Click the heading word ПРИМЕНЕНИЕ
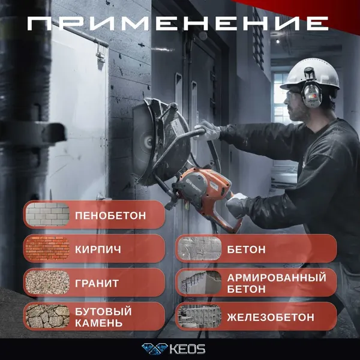pyautogui.click(x=180, y=24)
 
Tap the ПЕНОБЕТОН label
pyautogui.click(x=111, y=215)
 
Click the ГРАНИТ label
pyautogui.click(x=97, y=283)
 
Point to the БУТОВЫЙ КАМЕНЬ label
pyautogui.click(x=103, y=317)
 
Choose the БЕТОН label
pyautogui.click(x=247, y=248)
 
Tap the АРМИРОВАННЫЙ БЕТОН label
pyautogui.click(x=277, y=283)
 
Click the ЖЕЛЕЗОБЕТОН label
pyautogui.click(x=271, y=317)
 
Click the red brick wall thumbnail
pyautogui.click(x=47, y=248)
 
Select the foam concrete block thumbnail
pyautogui.click(x=47, y=214)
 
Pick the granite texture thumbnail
pyautogui.click(x=47, y=282)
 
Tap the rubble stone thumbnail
pyautogui.click(x=47, y=316)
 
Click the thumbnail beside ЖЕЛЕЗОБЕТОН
pyautogui.click(x=197, y=316)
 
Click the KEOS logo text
pyautogui.click(x=188, y=349)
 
